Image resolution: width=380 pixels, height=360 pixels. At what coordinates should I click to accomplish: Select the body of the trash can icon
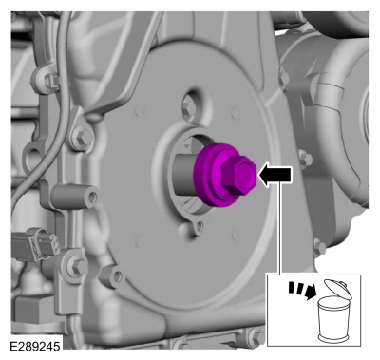coord(333,319)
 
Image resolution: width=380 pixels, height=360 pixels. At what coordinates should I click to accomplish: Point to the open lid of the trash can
coord(338,289)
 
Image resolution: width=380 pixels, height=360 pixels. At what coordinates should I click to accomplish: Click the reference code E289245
coord(35,347)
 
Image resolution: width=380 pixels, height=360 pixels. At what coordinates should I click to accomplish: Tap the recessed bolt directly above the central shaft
coord(189,106)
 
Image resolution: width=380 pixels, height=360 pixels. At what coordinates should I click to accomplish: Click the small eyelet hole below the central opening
coord(199,227)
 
